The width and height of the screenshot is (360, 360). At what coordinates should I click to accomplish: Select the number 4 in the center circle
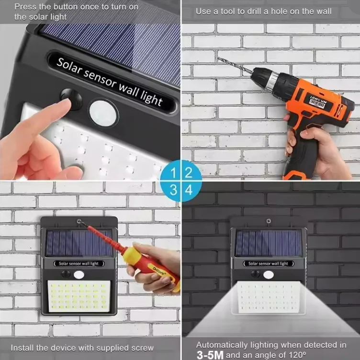pyautogui.click(x=189, y=190)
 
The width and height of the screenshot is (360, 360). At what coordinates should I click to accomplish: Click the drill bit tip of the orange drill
pyautogui.click(x=220, y=59)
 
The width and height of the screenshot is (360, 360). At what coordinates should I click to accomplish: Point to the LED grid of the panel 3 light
pyautogui.click(x=79, y=295)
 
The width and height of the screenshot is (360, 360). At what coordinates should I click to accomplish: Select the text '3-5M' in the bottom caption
pyautogui.click(x=210, y=355)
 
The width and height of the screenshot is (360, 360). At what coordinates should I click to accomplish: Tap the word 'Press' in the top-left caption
pyautogui.click(x=24, y=7)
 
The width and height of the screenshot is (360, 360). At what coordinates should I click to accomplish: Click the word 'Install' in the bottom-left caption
pyautogui.click(x=22, y=348)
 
